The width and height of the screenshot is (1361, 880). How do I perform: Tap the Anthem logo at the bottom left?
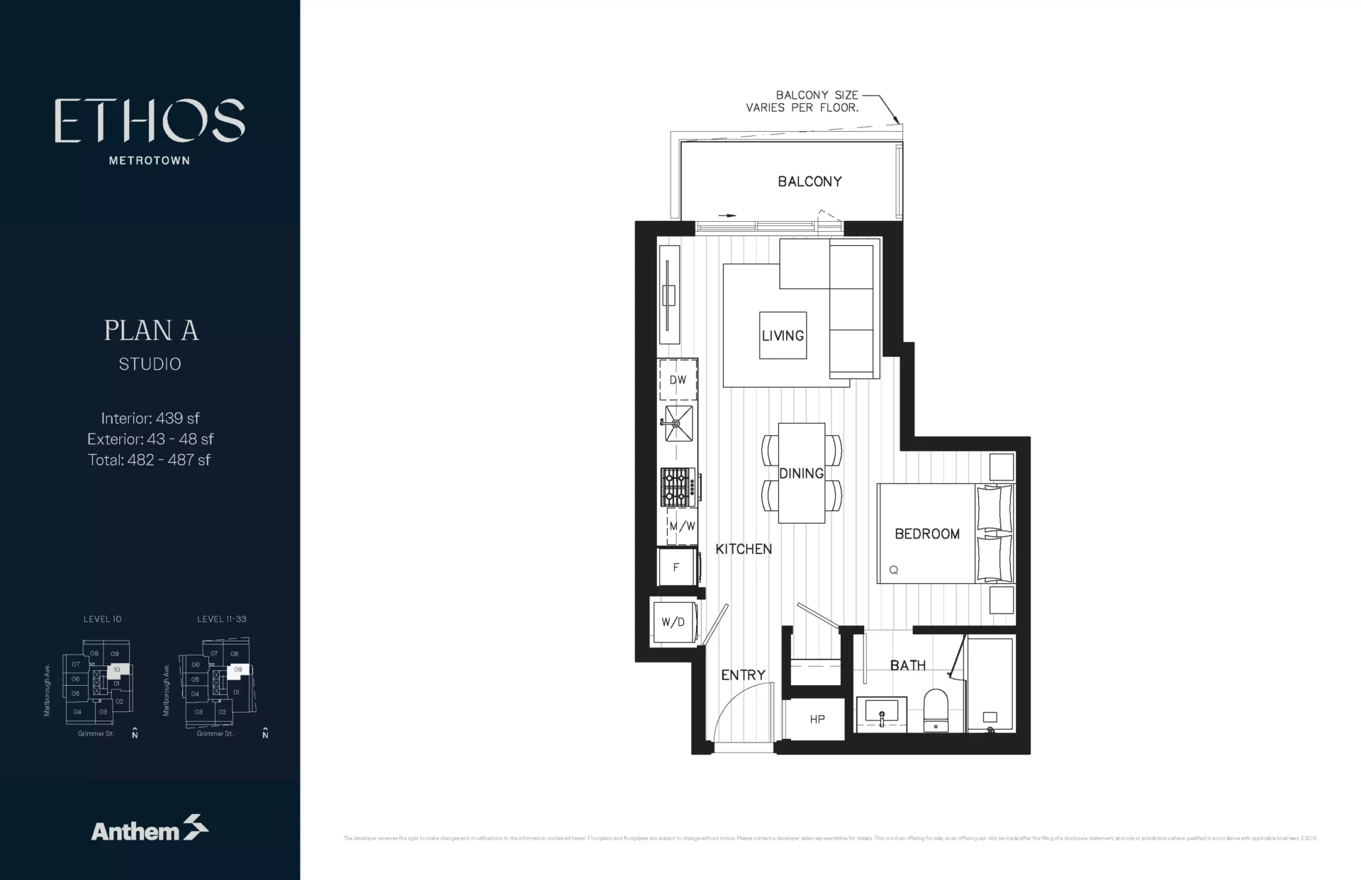(149, 829)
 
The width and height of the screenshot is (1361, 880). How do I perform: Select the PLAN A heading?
(151, 330)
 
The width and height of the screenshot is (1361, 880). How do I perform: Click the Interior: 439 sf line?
(150, 418)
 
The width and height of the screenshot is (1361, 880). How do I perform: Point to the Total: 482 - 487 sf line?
(149, 460)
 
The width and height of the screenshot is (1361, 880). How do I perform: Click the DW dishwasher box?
(678, 380)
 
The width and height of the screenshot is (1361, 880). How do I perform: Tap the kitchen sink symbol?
(678, 424)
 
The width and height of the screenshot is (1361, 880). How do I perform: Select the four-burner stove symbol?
(678, 487)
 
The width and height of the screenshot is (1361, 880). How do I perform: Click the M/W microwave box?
(682, 526)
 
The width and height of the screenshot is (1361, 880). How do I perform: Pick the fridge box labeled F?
(676, 567)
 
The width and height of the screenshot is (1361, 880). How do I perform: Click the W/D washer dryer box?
(673, 622)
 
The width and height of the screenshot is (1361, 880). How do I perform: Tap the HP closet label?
(817, 719)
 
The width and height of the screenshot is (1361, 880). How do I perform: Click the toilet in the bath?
(936, 711)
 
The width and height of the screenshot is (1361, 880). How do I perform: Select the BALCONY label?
(810, 181)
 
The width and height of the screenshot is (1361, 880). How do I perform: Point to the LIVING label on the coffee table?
(783, 336)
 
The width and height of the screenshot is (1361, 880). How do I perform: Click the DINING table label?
(801, 473)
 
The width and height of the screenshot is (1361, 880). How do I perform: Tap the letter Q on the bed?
(893, 570)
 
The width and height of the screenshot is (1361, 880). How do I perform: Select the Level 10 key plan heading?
(102, 619)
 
